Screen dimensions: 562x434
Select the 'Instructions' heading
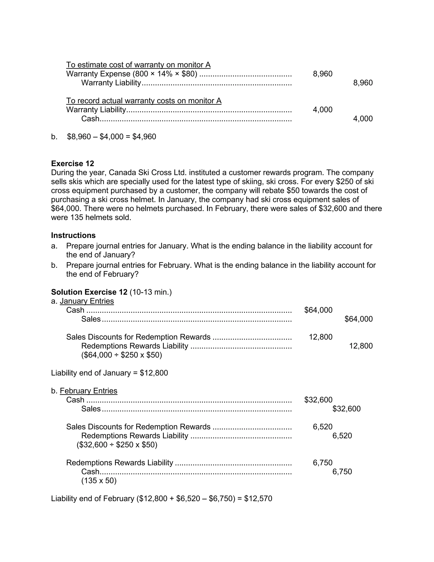point(73,235)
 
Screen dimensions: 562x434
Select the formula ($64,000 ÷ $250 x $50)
point(122,355)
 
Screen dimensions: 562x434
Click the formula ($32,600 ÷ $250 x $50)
point(117,445)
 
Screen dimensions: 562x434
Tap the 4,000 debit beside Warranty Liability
point(322,110)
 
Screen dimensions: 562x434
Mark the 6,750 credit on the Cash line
point(342,471)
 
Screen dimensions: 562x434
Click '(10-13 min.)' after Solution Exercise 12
point(151,292)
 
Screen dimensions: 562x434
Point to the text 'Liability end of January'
point(91,373)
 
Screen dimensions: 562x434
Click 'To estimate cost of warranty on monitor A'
point(138,65)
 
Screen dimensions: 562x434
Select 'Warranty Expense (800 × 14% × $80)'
point(132,74)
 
